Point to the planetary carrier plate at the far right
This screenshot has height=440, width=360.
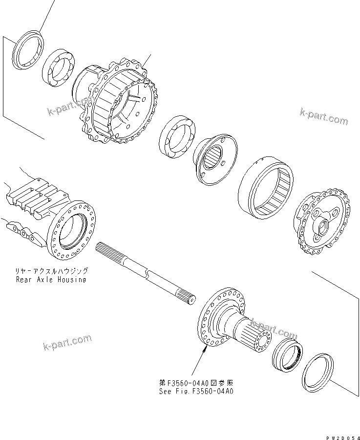click(322, 220)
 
